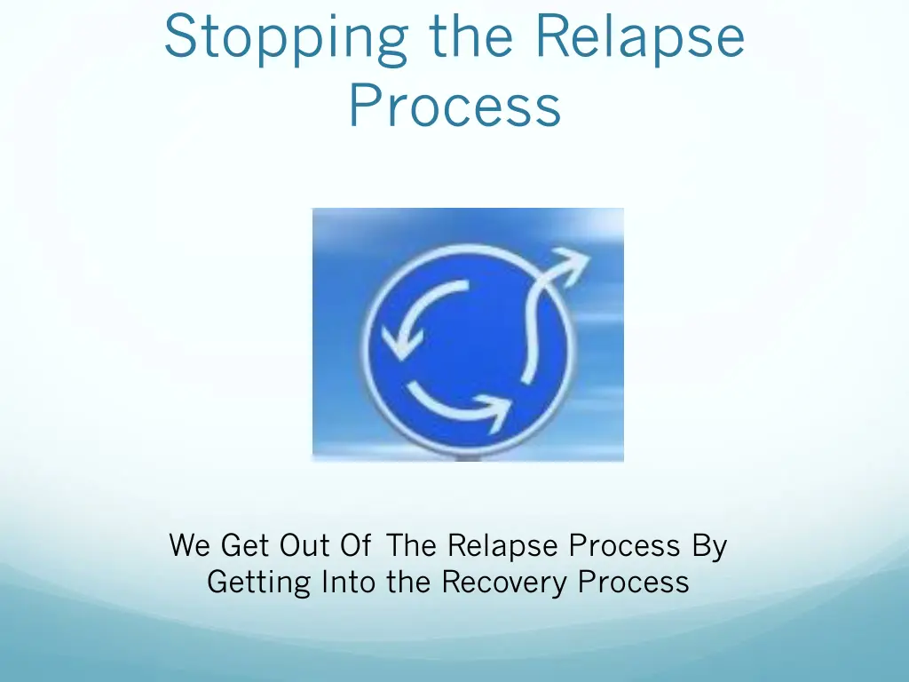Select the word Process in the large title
pyautogui.click(x=454, y=107)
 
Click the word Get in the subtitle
pyautogui.click(x=244, y=544)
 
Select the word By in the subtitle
pyautogui.click(x=710, y=544)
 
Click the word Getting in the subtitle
pyautogui.click(x=259, y=583)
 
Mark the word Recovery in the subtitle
pyautogui.click(x=505, y=583)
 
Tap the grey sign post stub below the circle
pyautogui.click(x=469, y=457)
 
